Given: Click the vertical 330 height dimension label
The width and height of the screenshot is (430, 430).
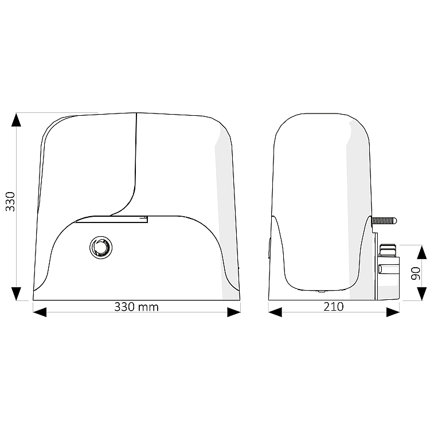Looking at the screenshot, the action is (x=10, y=202).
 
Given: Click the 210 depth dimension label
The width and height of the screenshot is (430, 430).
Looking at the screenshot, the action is (x=334, y=307).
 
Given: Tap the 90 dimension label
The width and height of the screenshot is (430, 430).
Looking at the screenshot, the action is (x=416, y=273).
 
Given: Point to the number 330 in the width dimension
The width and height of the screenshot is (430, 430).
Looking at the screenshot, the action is (x=124, y=307).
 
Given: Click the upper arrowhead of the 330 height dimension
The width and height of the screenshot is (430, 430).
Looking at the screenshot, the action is (x=16, y=120).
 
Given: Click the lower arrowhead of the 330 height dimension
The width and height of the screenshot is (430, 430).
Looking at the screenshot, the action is (x=16, y=294).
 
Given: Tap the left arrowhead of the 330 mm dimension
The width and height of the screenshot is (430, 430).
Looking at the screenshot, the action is (x=40, y=312).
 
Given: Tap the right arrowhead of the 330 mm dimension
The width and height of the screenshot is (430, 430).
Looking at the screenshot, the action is (x=234, y=312).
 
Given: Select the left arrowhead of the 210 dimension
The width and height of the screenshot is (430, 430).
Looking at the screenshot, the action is (x=275, y=312).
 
